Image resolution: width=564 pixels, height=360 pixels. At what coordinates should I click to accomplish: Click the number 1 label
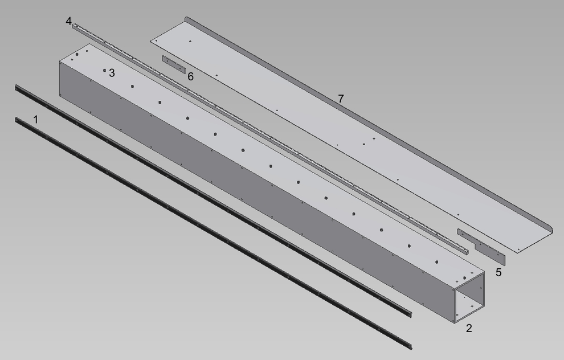click(36, 120)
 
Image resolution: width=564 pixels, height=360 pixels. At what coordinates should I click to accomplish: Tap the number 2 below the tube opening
click(469, 328)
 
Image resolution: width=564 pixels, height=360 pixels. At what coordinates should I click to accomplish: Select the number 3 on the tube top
click(112, 73)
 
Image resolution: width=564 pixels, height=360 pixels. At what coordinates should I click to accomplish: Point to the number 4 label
click(69, 21)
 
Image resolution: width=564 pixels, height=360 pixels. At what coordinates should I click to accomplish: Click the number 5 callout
click(498, 272)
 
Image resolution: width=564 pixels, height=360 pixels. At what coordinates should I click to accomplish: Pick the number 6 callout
click(191, 76)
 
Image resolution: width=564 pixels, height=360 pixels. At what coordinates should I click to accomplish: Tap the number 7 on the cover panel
click(341, 99)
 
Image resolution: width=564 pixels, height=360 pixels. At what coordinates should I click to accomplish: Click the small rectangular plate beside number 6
click(174, 64)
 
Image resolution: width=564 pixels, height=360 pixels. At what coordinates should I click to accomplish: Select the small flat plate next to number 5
click(481, 244)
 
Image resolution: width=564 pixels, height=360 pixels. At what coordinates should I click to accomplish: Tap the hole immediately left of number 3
click(105, 71)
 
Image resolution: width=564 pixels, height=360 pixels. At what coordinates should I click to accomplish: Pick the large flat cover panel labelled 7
click(353, 148)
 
